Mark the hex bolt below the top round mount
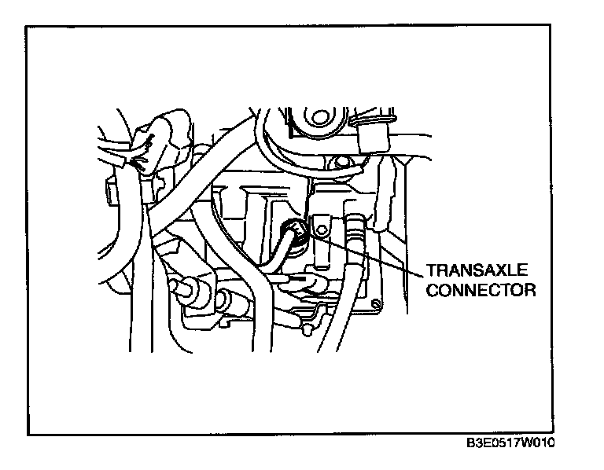click(x=339, y=163)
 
